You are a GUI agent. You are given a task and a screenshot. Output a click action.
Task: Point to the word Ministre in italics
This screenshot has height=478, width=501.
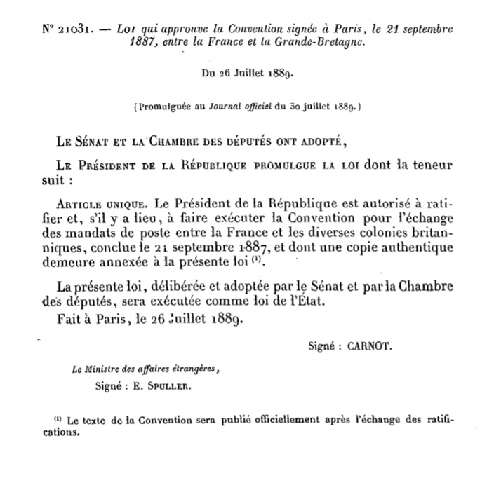click(x=96, y=371)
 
